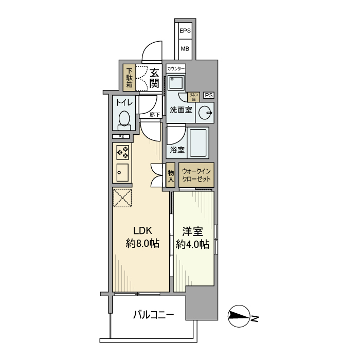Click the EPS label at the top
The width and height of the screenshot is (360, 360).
coord(185,31)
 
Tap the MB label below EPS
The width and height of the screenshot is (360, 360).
coord(185,49)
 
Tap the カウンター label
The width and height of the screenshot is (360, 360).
coord(176,68)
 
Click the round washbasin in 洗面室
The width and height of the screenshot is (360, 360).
coord(205,112)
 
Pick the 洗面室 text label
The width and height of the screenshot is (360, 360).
coord(181,110)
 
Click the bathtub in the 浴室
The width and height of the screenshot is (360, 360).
coord(199,143)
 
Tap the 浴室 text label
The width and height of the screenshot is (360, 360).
coord(177,150)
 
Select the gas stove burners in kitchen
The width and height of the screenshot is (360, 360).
coord(123,152)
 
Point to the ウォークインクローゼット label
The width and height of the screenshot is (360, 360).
coord(196,175)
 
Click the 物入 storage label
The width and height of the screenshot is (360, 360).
coord(171,175)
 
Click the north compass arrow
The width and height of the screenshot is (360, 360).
coord(239,315)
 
